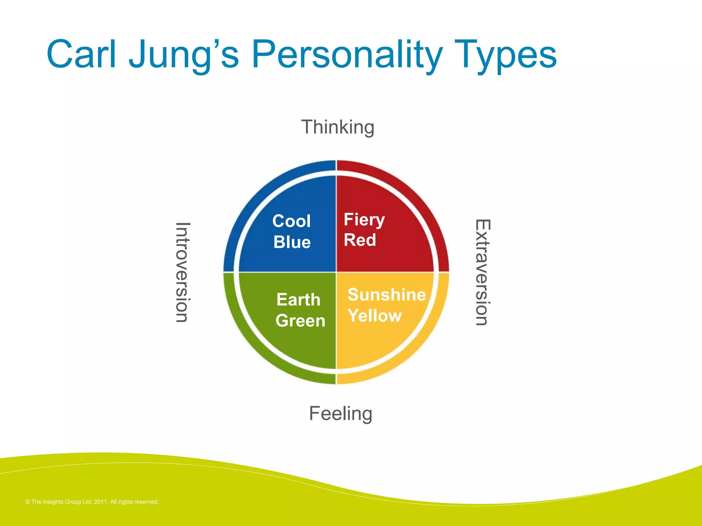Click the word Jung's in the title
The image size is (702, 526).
coord(184,55)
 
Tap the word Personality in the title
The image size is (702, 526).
coord(347,55)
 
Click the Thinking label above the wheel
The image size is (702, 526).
coord(338,127)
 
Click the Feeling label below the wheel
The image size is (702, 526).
coord(340,413)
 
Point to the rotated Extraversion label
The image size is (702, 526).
coord(483,272)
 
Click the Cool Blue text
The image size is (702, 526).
coord(292,231)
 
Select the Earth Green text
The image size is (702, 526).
coord(300,310)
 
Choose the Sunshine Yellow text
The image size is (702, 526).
coord(386,305)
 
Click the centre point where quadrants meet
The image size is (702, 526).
coord(336,272)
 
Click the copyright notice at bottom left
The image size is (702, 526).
coord(92,502)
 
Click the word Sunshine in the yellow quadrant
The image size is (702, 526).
coord(387,295)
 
